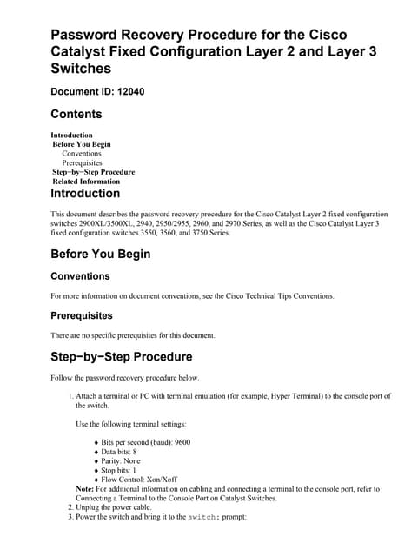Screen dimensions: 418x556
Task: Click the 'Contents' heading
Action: [76, 114]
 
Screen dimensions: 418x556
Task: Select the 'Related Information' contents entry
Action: [86, 182]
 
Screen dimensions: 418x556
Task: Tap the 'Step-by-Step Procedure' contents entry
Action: [94, 172]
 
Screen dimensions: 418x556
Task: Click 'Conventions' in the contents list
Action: [81, 154]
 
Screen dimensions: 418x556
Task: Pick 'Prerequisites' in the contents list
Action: [82, 162]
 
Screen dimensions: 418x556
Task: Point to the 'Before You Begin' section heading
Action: [100, 254]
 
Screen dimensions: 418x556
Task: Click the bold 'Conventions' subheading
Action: [80, 276]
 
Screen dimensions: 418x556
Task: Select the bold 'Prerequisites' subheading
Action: [82, 316]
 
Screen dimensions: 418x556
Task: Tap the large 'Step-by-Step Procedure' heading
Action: [121, 356]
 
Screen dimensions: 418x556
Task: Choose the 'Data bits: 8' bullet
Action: [119, 452]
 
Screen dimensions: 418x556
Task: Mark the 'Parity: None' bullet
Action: [122, 461]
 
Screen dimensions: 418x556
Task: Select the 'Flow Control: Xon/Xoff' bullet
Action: [138, 480]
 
